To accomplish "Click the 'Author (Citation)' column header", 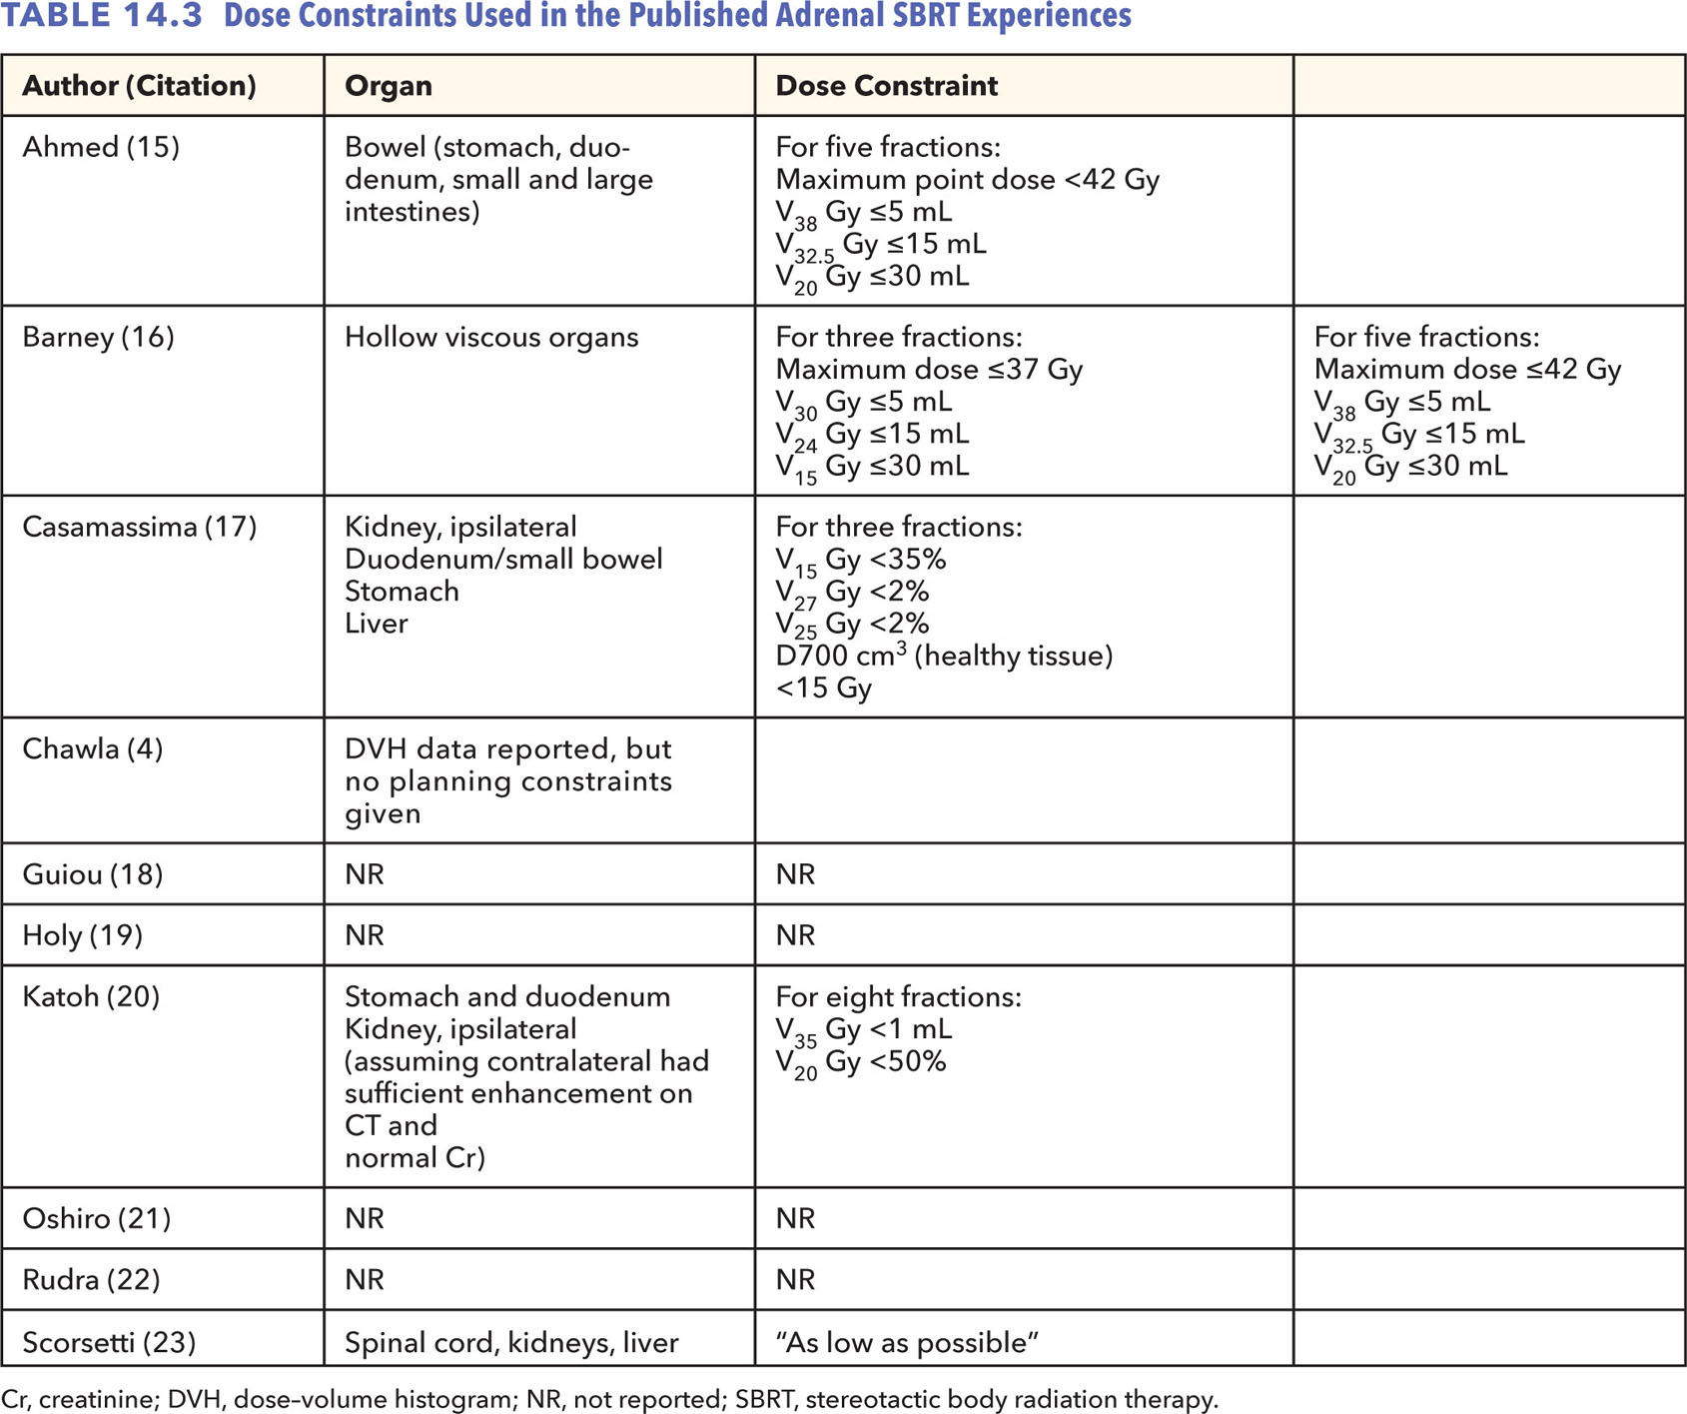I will [139, 86].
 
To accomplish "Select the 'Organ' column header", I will [388, 86].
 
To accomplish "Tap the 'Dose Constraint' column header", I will [886, 86].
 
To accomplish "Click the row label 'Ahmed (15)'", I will [101, 147].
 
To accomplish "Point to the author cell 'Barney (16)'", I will [98, 337].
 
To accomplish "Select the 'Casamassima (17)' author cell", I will [139, 527].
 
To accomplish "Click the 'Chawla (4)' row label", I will [92, 748].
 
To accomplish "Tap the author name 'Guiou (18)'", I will [92, 874].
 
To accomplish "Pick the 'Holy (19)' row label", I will [82, 935].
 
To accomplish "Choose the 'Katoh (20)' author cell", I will [91, 996].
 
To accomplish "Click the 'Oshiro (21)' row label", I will [96, 1218].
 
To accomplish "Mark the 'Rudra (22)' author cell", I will [91, 1279].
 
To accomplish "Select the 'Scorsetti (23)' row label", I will [109, 1342].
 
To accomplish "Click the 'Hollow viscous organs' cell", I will [491, 337].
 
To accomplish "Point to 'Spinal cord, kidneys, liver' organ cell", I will [511, 1342].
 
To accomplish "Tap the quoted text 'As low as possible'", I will [907, 1342].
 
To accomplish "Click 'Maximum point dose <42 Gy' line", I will [967, 180].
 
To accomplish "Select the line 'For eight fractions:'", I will [898, 996].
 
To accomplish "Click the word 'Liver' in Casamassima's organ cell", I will [376, 624].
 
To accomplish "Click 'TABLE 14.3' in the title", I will [103, 16].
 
